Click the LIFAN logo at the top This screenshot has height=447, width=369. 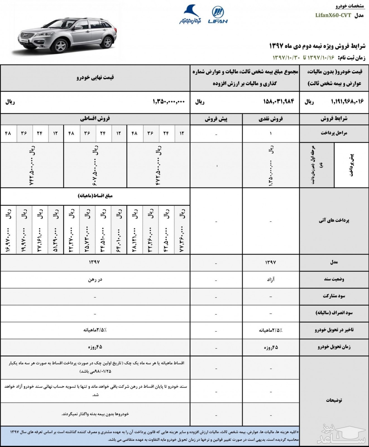click(x=218, y=15)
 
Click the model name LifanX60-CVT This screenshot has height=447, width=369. click(x=333, y=15)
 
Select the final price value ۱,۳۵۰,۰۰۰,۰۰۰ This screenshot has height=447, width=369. click(x=169, y=102)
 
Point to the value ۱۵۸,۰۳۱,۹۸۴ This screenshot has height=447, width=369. click(x=278, y=102)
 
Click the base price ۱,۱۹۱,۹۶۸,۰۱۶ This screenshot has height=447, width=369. click(x=347, y=102)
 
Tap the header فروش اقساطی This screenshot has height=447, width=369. click(x=95, y=119)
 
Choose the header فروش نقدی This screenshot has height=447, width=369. click(x=271, y=119)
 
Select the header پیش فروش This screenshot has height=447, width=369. click(x=216, y=119)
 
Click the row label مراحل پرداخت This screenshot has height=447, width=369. click(x=334, y=133)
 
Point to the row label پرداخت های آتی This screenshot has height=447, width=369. click(x=334, y=220)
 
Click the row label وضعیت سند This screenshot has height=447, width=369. click(x=334, y=279)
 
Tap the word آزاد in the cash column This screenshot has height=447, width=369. click(x=270, y=279)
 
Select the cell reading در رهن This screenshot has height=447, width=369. click(x=95, y=279)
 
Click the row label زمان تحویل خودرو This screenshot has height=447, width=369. click(x=334, y=347)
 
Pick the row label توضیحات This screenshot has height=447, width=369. click(x=334, y=400)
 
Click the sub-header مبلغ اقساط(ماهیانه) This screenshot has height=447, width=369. click(x=95, y=196)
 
